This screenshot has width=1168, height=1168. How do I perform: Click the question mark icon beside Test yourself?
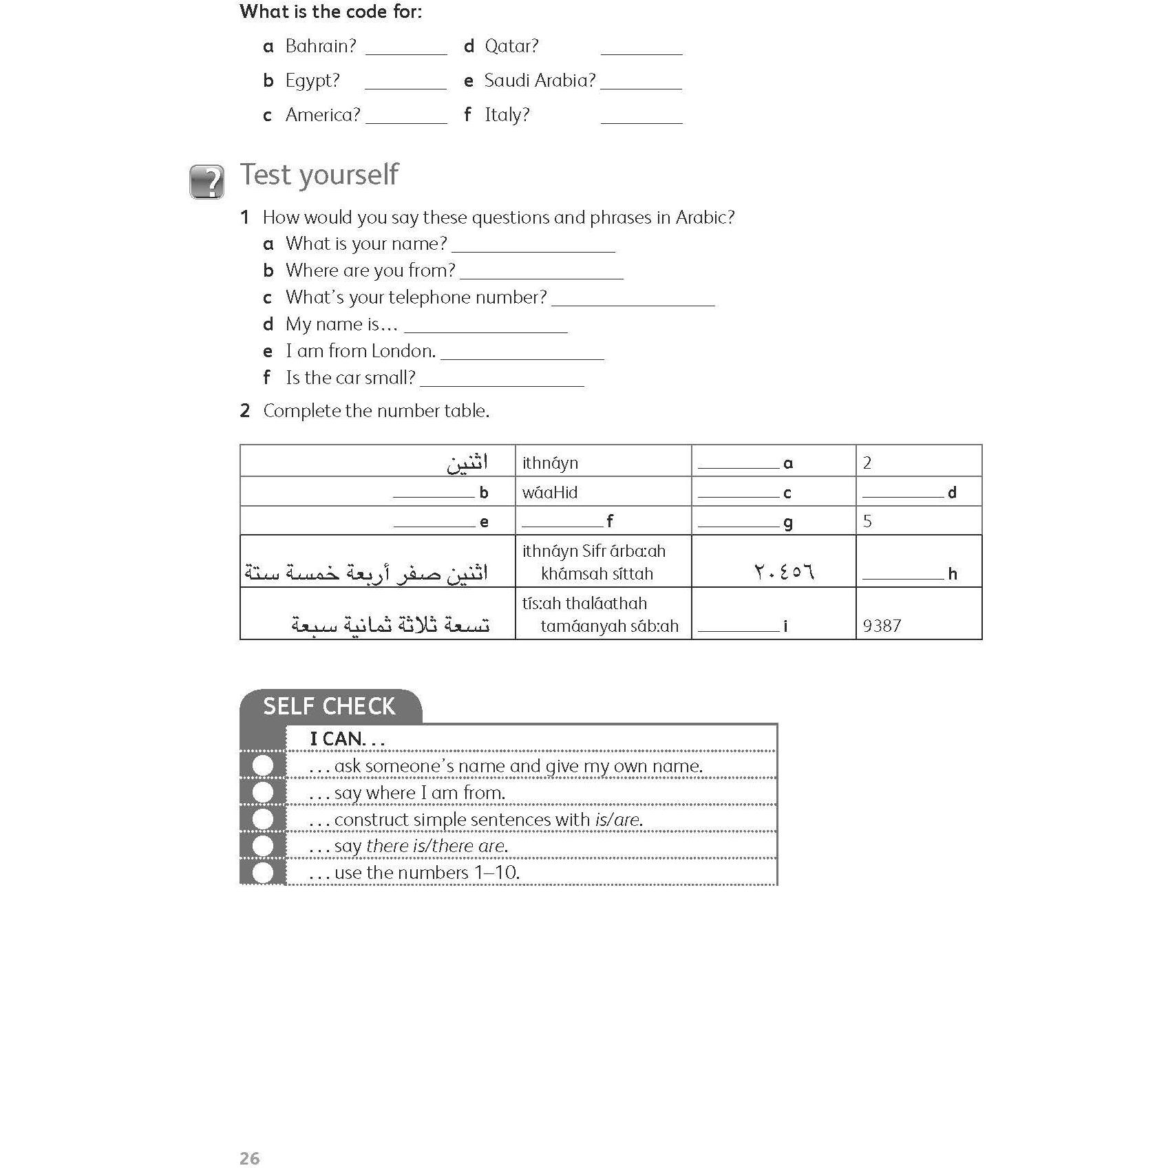[206, 182]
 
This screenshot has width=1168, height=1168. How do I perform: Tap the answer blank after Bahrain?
[406, 48]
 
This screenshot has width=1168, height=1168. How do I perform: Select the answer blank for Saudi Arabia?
[641, 83]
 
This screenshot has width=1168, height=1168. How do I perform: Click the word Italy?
[507, 115]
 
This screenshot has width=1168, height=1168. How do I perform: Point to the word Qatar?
[511, 46]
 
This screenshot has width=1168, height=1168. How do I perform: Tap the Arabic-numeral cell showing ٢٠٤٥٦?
[784, 572]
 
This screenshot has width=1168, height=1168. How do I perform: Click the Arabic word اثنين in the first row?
[467, 463]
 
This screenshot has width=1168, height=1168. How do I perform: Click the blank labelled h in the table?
[903, 574]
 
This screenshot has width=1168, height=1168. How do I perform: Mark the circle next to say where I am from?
[262, 792]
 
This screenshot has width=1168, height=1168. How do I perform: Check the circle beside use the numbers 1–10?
[262, 873]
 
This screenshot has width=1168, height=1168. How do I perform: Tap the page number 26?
[249, 1139]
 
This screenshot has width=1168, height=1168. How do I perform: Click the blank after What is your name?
[533, 246]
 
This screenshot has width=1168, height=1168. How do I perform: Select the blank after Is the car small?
[502, 380]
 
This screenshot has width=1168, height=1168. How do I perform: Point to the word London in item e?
[402, 351]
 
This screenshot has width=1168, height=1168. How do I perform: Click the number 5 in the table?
[867, 521]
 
